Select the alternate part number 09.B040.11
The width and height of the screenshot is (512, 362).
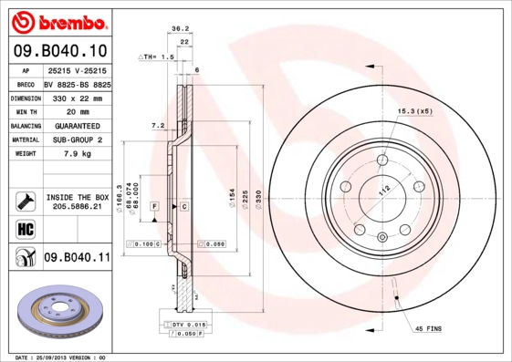[x=76, y=259]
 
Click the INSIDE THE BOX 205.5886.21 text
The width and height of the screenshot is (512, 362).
[x=76, y=202]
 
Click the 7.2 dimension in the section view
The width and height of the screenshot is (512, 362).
[x=156, y=125]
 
